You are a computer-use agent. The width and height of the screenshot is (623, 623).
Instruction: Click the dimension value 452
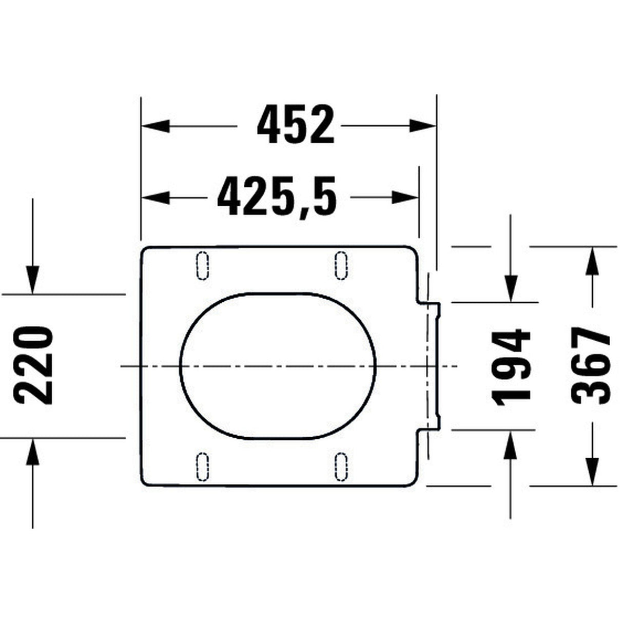tap(296, 125)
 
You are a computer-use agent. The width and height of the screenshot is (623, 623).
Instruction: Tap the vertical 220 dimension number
tap(34, 365)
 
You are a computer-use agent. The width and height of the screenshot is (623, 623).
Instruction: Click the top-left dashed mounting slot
tap(203, 265)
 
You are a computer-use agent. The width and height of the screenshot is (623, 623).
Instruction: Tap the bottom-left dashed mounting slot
tap(203, 466)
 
